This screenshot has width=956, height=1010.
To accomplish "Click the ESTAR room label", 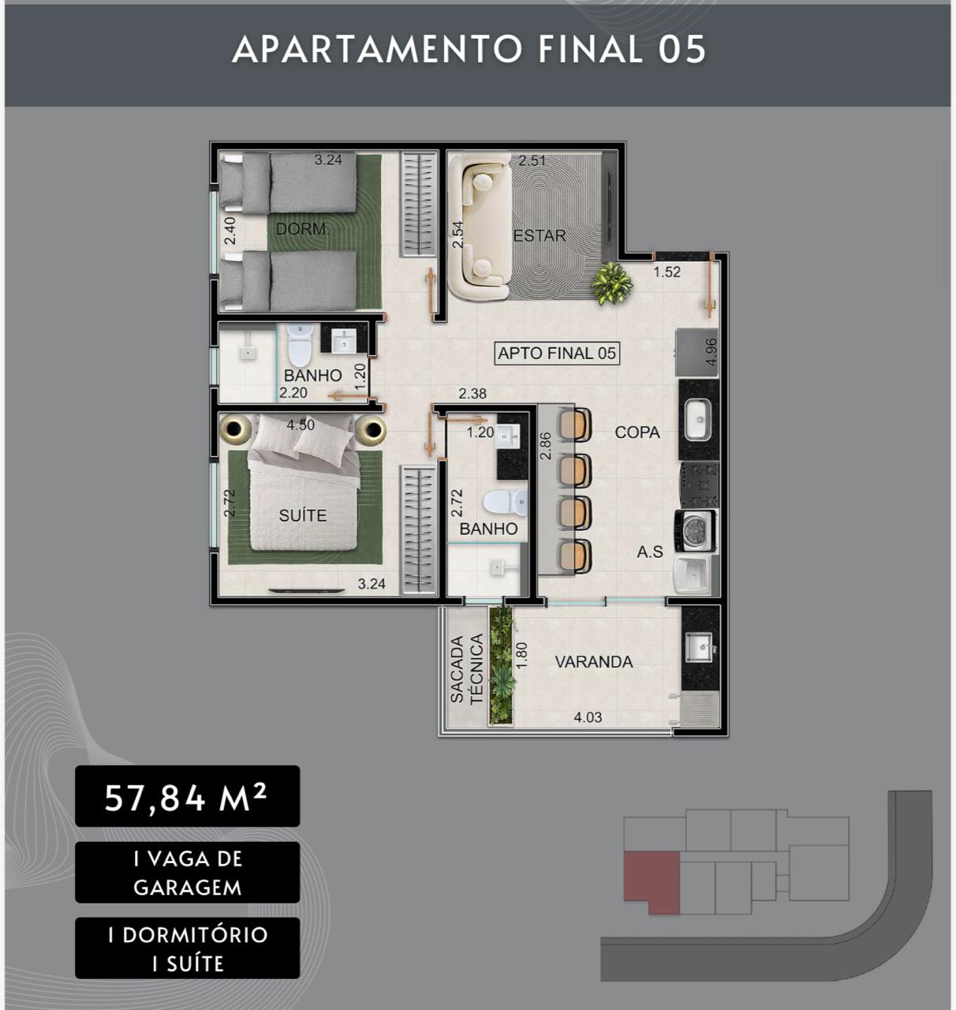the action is (x=540, y=236).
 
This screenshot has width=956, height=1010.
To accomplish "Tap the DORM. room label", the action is (x=303, y=229).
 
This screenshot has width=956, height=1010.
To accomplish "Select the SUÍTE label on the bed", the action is (x=303, y=515).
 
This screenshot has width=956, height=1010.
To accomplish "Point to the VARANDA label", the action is (x=594, y=662).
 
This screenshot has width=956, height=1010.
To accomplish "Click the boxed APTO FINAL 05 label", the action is (x=557, y=353).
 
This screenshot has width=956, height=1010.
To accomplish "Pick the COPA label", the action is (x=637, y=432).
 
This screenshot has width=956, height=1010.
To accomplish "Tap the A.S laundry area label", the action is (x=650, y=552).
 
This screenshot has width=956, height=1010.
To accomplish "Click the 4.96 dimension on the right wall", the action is (x=711, y=352).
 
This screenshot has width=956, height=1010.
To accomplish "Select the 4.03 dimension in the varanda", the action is (x=588, y=716).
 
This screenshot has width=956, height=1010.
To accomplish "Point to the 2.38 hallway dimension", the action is (x=472, y=394).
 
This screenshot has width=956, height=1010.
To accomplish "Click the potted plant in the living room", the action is (x=611, y=283).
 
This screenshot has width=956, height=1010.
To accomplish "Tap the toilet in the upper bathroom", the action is (x=300, y=344).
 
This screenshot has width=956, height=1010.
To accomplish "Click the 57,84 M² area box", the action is (x=188, y=796).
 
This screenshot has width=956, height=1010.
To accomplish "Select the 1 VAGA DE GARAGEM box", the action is (x=188, y=873).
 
